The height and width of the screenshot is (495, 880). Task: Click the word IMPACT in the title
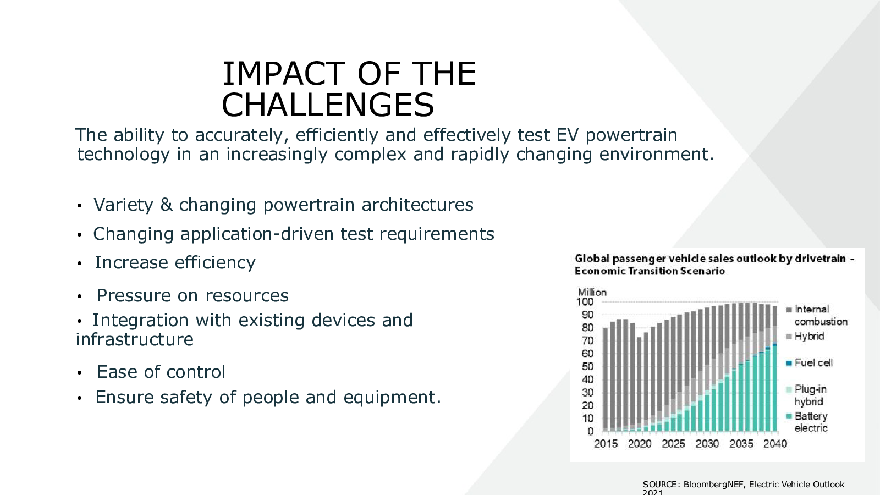pos(284,74)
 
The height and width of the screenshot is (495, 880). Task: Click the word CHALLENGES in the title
pos(328,105)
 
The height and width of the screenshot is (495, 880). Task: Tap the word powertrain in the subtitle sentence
pos(631,135)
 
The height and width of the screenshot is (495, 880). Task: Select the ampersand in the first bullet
pos(166,205)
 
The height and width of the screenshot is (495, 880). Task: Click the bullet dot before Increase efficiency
pos(79,263)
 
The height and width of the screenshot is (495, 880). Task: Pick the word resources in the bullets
pos(247,296)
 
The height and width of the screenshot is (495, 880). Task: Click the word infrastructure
pos(135,339)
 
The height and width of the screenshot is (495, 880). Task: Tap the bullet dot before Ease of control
pos(79,373)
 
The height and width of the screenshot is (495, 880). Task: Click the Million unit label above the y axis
pos(592,292)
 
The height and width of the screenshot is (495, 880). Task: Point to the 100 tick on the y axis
pos(585,302)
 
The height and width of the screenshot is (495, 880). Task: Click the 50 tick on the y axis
pos(588,366)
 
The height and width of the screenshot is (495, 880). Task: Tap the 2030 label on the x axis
pos(707,444)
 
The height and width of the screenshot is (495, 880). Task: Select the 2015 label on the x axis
pos(606,444)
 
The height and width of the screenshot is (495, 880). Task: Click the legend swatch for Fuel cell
pos(789,364)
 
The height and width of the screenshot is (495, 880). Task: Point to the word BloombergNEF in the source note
pos(713,485)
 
